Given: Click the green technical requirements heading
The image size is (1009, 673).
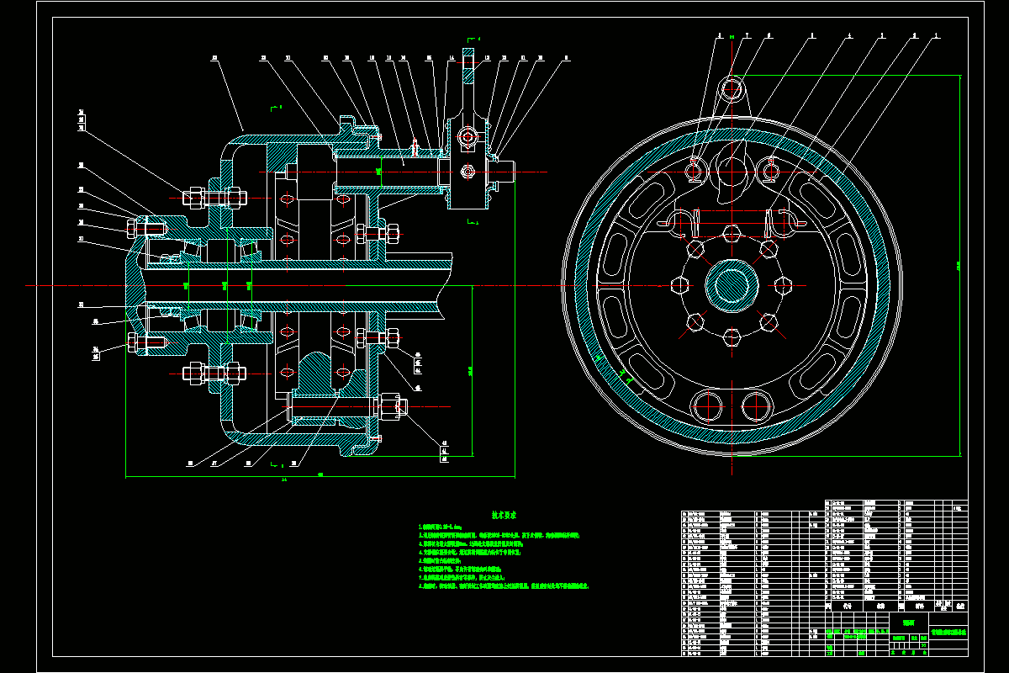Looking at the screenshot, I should tap(504, 514).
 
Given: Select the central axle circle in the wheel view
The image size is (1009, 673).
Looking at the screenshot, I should tap(731, 284).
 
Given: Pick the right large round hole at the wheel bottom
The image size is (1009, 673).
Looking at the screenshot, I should tap(754, 405).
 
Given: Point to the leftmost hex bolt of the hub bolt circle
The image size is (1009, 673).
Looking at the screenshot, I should tap(679, 284).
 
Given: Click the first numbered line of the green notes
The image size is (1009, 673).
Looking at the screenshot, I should tap(454, 526).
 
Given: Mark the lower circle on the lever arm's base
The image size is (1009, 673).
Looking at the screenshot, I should tap(468, 172).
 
